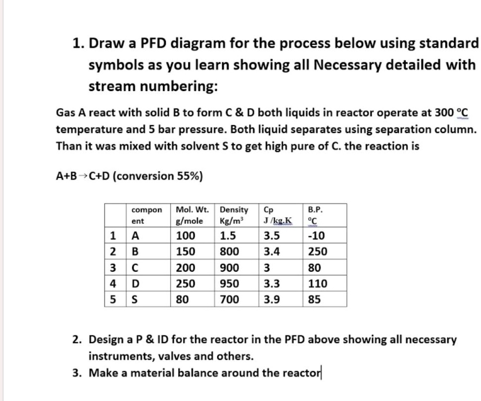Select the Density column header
point(235,215)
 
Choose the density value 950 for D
point(230,284)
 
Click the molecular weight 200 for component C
point(186,268)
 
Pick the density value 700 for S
point(230,300)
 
